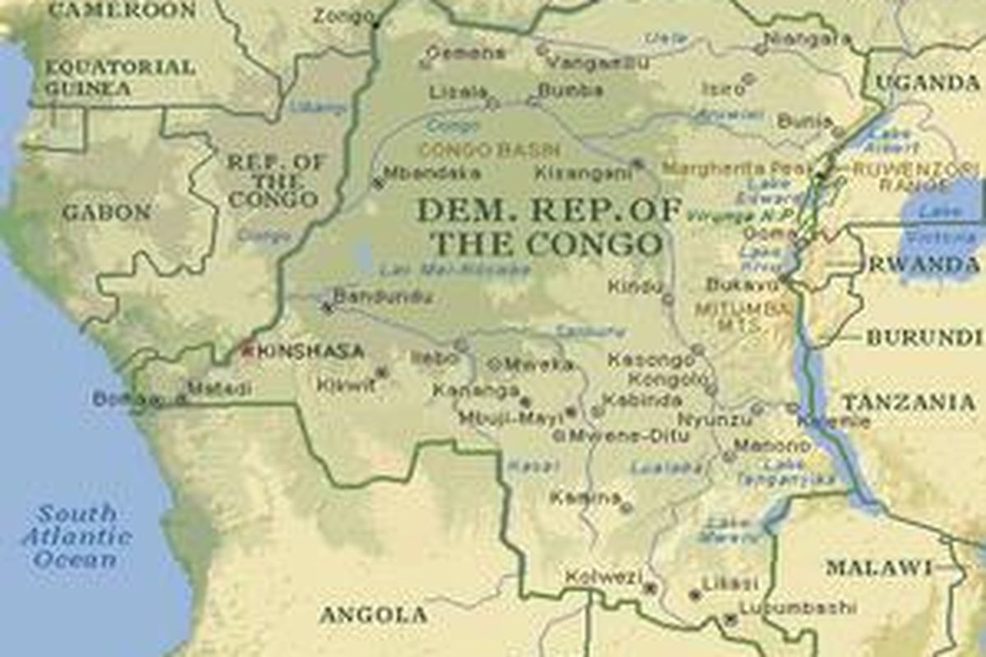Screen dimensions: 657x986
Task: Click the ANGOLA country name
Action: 373,614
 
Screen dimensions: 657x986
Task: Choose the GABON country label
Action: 107,213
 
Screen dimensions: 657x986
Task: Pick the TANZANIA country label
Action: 908,402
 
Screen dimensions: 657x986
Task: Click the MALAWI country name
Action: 879,567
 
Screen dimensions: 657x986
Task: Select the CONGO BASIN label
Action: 490,150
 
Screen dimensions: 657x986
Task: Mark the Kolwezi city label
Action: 603,577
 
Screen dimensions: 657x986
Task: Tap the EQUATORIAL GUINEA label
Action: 120,77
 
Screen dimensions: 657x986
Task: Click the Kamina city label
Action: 585,497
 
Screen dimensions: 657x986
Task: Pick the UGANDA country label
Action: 928,82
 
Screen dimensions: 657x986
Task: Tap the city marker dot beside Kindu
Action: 668,300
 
